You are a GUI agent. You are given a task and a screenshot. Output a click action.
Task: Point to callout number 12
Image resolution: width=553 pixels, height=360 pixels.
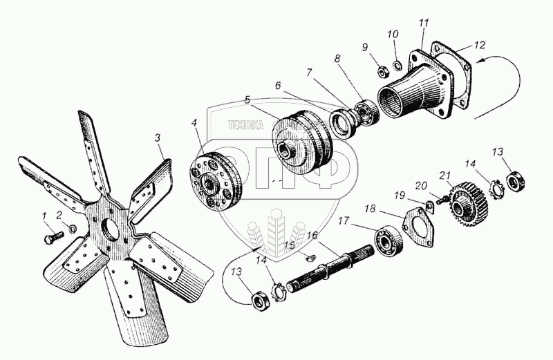(479, 45)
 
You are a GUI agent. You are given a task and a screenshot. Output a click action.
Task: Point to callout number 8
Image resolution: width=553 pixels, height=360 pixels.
(338, 59)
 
